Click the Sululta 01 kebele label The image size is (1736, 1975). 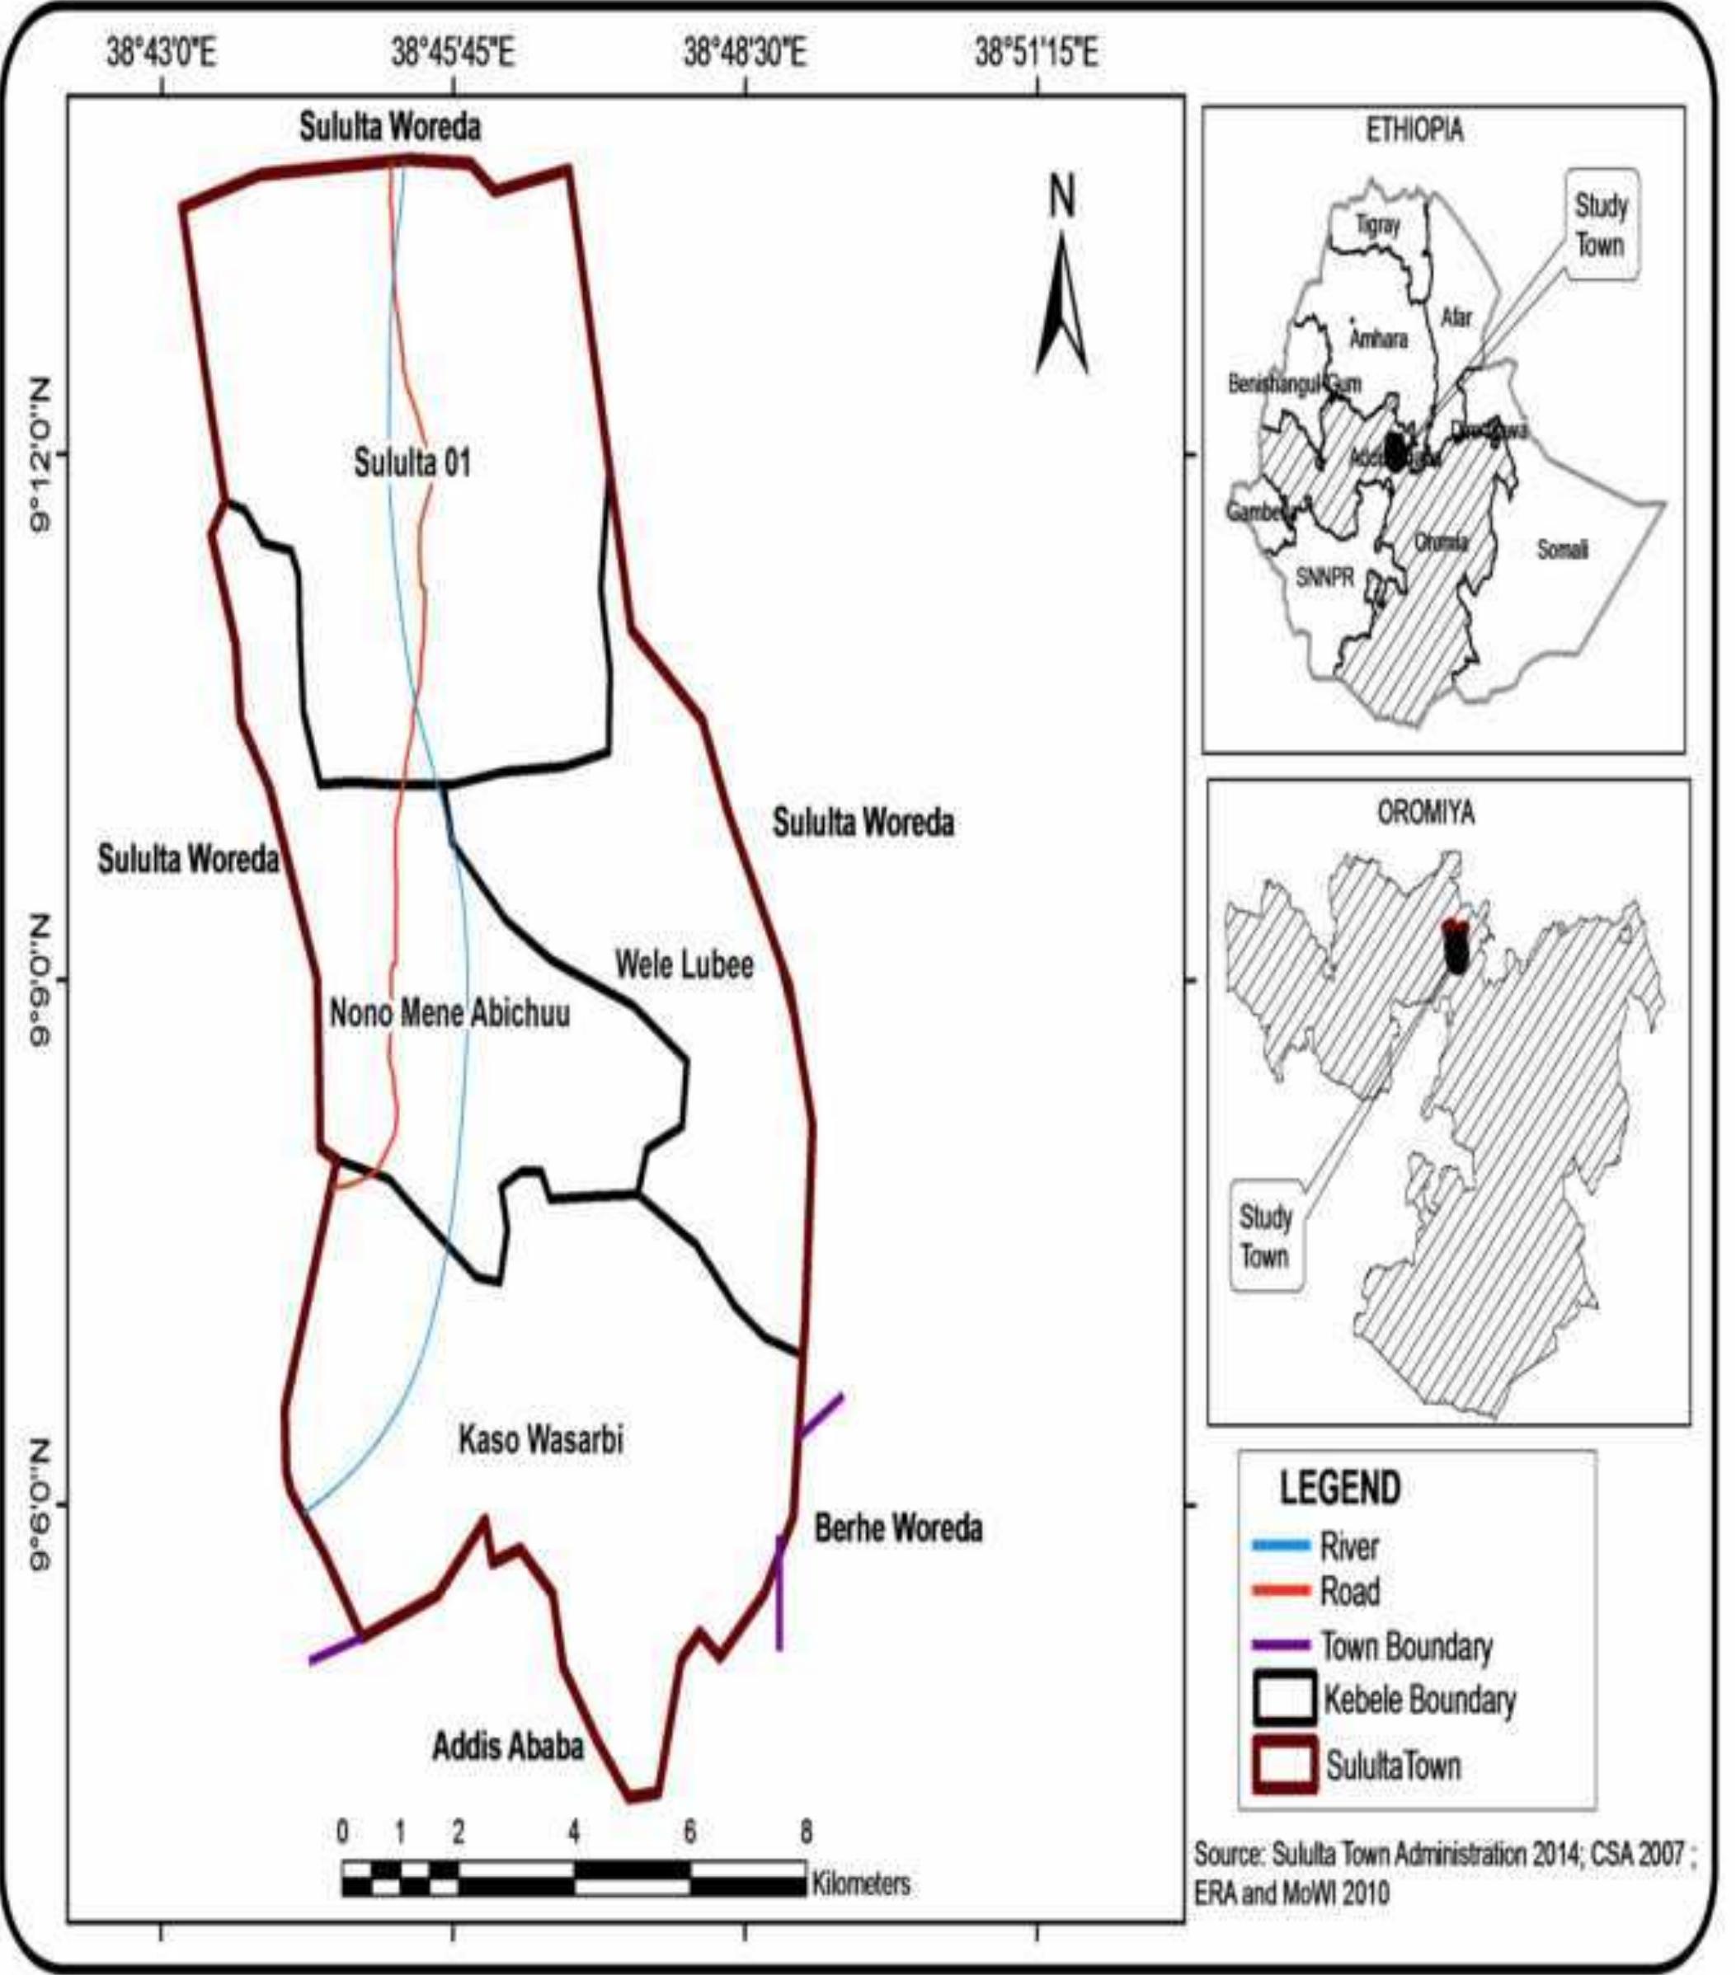tap(412, 462)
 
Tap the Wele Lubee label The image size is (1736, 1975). tap(685, 964)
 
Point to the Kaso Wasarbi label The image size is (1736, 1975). tap(540, 1441)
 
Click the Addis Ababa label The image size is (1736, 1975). tap(507, 1746)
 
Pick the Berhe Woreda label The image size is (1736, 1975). tap(898, 1528)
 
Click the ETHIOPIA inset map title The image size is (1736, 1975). tap(1414, 131)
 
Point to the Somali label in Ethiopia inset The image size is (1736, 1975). tap(1562, 550)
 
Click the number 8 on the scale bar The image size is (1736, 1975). tap(805, 1832)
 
